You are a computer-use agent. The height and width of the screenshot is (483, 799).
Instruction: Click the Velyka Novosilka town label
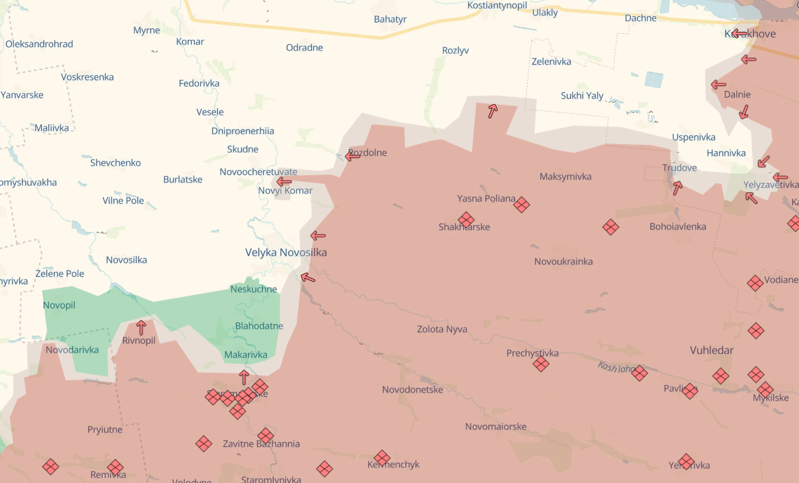pos(286,252)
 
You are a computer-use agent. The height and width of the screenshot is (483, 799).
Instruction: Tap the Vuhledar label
pos(712,350)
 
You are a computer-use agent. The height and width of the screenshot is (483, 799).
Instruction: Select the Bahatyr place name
pos(390,20)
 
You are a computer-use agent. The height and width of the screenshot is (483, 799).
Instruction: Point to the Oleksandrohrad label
pos(39,44)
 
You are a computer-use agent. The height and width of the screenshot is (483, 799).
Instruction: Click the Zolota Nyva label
pos(442,329)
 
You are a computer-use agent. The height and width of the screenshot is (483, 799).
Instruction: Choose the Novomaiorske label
pos(495,427)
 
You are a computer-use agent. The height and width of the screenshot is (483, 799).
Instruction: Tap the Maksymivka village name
pos(565,177)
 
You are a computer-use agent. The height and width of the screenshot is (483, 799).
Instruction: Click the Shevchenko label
pos(115,163)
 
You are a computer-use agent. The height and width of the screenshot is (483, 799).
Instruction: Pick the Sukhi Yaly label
pos(582,96)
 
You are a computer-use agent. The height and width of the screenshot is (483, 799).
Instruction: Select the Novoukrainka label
pos(563,261)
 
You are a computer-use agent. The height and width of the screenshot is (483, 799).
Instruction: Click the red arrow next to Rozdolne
pos(353,155)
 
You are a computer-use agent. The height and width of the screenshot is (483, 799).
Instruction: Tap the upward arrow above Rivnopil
pos(141,328)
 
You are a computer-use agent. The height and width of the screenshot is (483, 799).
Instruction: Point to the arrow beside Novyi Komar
pos(284,182)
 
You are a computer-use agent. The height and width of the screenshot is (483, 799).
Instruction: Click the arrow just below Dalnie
pos(744,112)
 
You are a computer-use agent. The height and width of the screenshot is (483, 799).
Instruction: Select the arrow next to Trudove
pos(678,188)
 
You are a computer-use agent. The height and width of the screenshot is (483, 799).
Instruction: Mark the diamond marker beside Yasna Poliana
pos(522,204)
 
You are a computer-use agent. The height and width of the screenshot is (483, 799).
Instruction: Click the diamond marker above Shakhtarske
pos(466,219)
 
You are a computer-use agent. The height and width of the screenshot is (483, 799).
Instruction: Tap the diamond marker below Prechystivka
pos(541,363)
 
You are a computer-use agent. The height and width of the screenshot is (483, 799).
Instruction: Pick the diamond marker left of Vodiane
pos(755,283)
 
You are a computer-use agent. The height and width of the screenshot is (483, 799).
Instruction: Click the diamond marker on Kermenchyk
pos(382,458)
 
